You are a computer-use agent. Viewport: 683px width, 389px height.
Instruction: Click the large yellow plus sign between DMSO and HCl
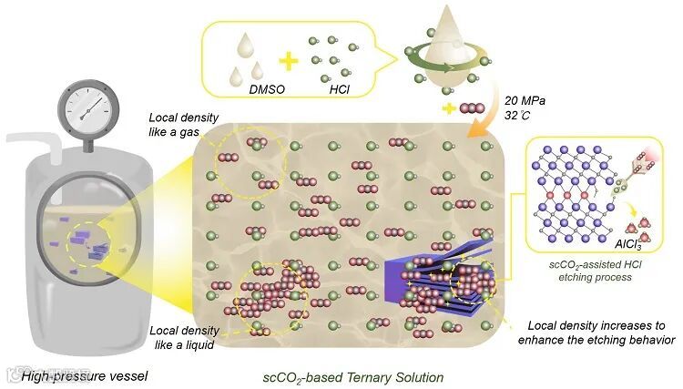tap(288, 63)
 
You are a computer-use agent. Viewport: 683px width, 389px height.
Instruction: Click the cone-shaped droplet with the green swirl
tap(440, 50)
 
